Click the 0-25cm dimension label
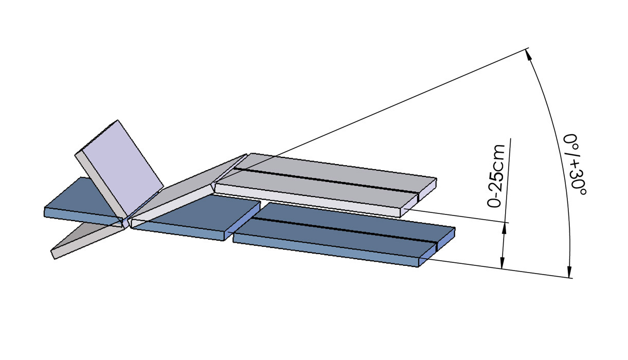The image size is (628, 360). click(496, 176)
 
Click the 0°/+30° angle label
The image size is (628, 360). click(574, 165)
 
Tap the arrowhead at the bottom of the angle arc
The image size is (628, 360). click(569, 272)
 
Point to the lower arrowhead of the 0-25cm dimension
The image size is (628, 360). click(501, 263)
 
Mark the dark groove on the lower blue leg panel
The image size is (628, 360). click(344, 230)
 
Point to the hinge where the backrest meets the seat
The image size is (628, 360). click(125, 223)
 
